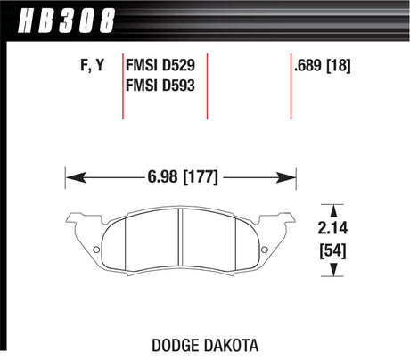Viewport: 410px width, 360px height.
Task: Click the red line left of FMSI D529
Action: click(123, 85)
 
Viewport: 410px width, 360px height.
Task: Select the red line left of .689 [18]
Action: click(291, 85)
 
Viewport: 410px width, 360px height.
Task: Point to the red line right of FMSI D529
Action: click(207, 85)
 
